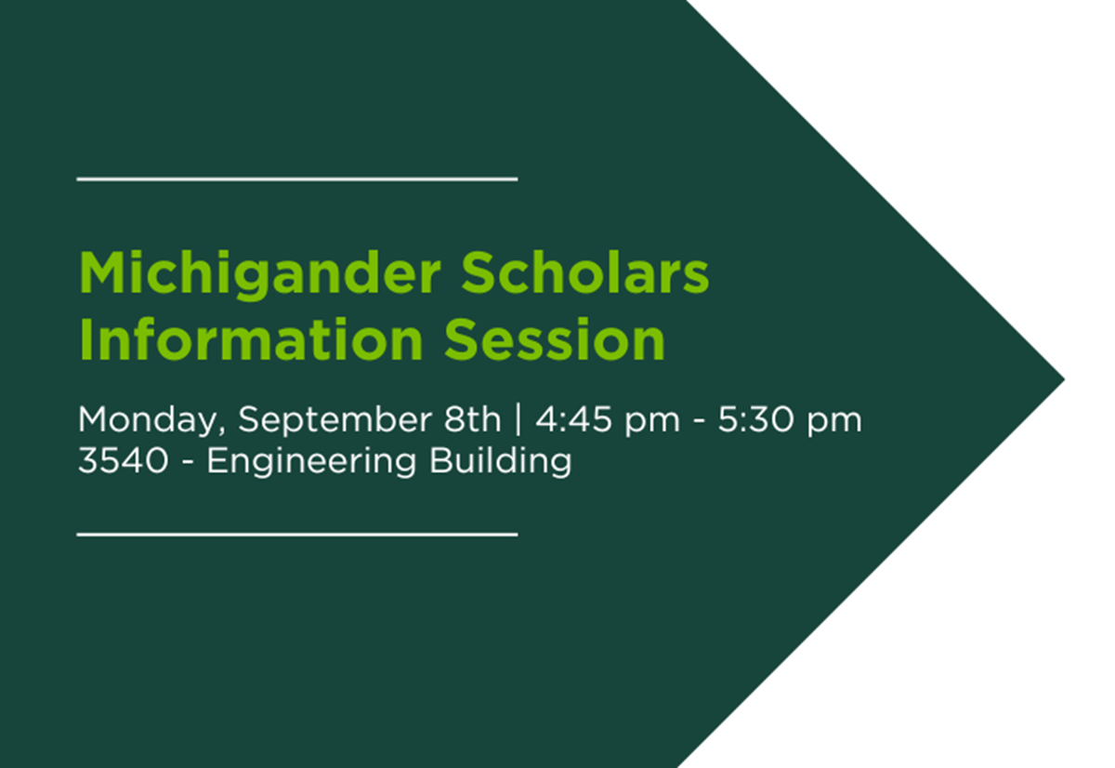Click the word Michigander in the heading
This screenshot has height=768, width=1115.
(x=260, y=275)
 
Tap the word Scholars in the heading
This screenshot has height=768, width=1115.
(x=584, y=272)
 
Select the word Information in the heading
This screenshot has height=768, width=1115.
(x=251, y=339)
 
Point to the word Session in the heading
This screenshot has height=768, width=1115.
(x=555, y=339)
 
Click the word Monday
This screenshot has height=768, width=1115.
(x=148, y=421)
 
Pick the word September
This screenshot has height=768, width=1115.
(x=335, y=421)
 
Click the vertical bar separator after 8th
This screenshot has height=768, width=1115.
(x=518, y=419)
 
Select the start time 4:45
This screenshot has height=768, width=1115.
(x=573, y=419)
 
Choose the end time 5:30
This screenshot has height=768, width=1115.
(x=755, y=419)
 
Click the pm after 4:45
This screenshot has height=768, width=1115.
(x=652, y=423)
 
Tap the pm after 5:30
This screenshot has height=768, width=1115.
(x=834, y=423)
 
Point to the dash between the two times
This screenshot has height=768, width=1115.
(x=699, y=422)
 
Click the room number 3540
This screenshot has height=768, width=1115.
(x=124, y=460)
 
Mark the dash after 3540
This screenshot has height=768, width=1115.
(x=188, y=463)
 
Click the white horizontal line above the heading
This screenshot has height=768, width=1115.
(x=297, y=179)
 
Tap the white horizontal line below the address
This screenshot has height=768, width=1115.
(x=297, y=535)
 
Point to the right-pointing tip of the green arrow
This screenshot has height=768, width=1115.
(x=1064, y=379)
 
